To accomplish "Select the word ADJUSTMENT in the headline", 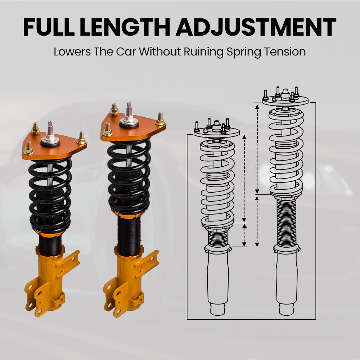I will point(256,27).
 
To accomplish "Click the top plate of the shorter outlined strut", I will point(216,133).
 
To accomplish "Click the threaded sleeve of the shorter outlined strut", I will point(217,238).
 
